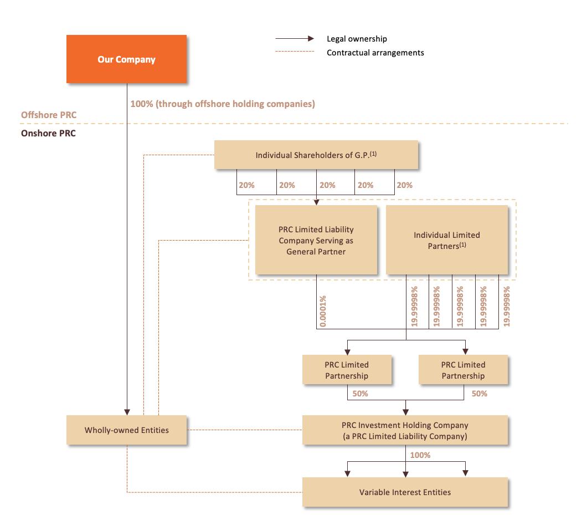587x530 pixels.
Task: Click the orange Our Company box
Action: tap(126, 59)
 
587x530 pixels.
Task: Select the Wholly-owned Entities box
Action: tap(126, 430)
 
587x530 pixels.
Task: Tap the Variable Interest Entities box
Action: tap(405, 492)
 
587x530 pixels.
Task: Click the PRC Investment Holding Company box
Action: tap(405, 431)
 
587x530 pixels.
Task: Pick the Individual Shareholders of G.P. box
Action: tap(316, 155)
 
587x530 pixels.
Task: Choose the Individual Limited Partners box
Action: tap(446, 240)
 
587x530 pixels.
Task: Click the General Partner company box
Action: tap(316, 240)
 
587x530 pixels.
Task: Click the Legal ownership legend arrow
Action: tap(295, 39)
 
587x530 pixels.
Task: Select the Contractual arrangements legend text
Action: tap(375, 53)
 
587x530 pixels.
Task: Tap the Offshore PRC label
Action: tap(49, 115)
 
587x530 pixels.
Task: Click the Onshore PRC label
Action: tap(48, 134)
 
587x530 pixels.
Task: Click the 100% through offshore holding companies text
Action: tap(223, 104)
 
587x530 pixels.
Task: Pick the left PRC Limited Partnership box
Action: tap(347, 370)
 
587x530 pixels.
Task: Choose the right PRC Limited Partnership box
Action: tap(463, 370)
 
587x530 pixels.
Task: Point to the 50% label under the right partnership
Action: tap(479, 394)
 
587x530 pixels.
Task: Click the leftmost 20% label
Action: tap(247, 185)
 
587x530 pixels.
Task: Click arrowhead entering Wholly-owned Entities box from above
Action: tap(127, 412)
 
